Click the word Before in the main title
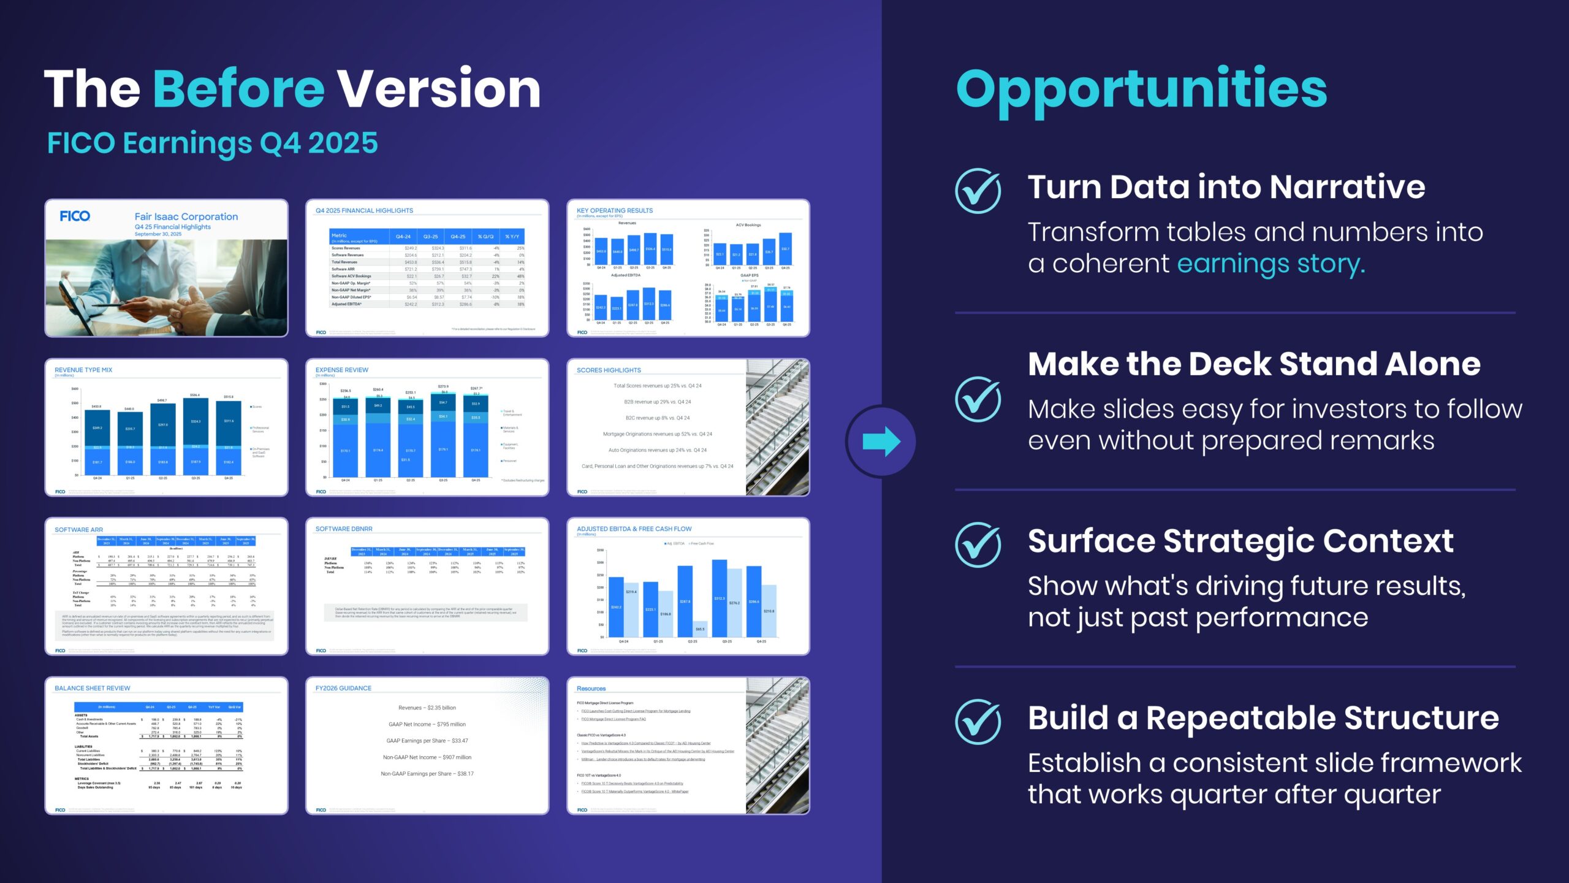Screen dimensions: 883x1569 click(x=238, y=90)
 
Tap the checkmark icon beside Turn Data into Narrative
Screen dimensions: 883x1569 click(x=978, y=191)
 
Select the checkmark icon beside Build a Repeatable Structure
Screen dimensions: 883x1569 click(x=978, y=722)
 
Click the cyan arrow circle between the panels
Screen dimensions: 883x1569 click(x=881, y=442)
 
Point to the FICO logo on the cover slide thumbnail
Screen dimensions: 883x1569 click(x=75, y=216)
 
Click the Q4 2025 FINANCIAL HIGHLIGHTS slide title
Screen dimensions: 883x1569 click(x=364, y=211)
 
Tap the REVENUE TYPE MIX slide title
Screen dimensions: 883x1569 click(x=83, y=370)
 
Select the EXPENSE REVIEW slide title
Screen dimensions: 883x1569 click(x=342, y=370)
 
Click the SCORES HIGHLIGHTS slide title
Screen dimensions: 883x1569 click(x=609, y=370)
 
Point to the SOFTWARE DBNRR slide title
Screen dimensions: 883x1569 click(x=344, y=529)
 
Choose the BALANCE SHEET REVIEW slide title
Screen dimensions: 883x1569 click(x=93, y=689)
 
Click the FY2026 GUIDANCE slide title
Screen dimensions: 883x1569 click(x=343, y=689)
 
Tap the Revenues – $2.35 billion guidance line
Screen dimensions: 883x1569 click(x=427, y=708)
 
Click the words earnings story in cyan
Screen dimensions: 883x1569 click(x=1271, y=264)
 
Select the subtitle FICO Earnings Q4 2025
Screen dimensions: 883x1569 click(x=213, y=143)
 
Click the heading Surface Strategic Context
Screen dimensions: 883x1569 click(x=1240, y=541)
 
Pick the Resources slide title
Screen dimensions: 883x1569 click(x=591, y=689)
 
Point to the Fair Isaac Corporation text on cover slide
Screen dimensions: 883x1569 click(x=186, y=216)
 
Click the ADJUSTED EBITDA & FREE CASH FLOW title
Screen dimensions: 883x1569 click(x=634, y=529)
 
